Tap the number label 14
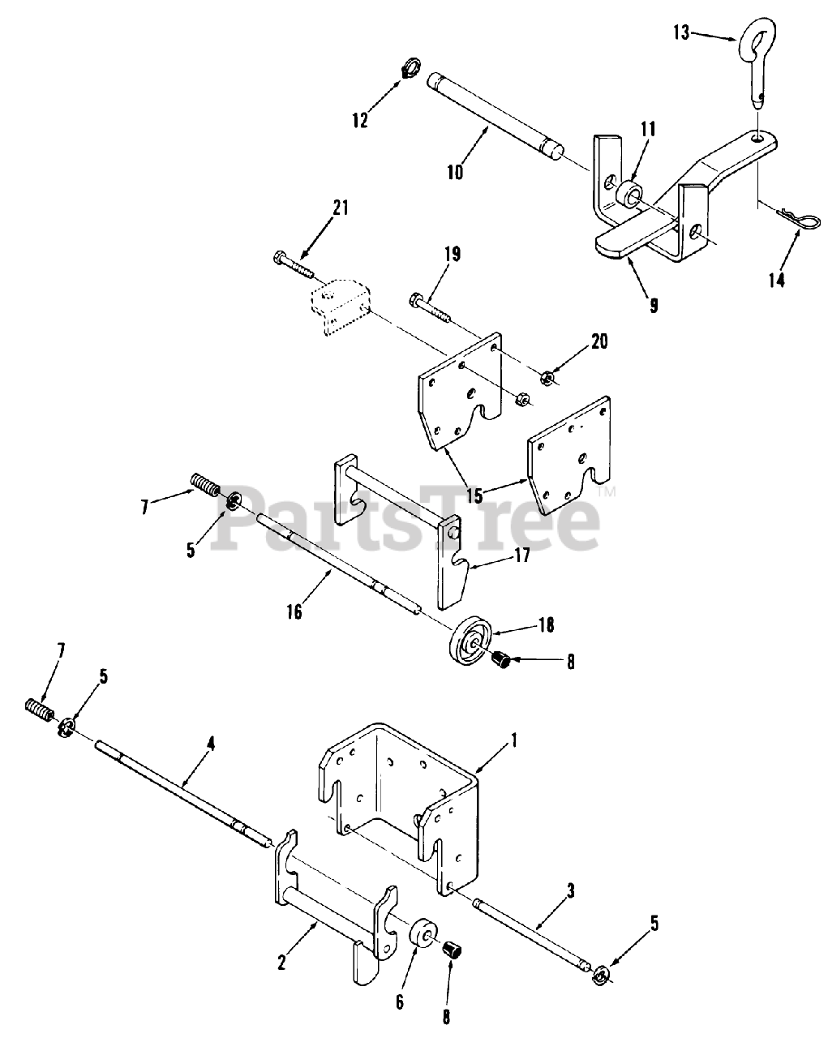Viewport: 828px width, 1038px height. click(776, 280)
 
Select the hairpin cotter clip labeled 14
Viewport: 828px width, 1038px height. click(799, 218)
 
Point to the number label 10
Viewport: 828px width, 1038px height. click(454, 172)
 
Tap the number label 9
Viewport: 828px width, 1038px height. click(654, 306)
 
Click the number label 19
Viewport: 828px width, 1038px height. click(453, 254)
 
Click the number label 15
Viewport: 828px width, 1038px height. click(474, 495)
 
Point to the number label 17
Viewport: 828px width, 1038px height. click(521, 555)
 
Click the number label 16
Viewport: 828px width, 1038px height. click(294, 612)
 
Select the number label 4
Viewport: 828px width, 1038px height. click(210, 744)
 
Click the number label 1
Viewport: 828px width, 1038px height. click(514, 740)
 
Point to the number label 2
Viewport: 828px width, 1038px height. click(281, 963)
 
